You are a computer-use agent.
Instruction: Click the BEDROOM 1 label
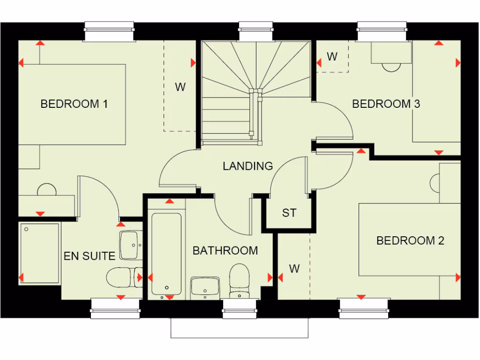[x=74, y=104]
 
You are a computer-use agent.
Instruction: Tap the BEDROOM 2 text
[x=410, y=240]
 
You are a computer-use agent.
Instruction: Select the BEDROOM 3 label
[x=386, y=104]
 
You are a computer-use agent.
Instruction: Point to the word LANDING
[x=247, y=166]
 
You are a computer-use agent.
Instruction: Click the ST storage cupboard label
[x=289, y=213]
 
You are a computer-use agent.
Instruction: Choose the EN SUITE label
[x=90, y=256]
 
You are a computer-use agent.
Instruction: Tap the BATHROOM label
[x=225, y=251]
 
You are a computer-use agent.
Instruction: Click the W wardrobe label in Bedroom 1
[x=180, y=87]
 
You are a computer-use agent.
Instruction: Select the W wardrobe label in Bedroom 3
[x=332, y=57]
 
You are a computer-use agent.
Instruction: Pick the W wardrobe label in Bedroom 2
[x=294, y=269]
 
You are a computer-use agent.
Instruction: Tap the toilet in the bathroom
[x=240, y=280]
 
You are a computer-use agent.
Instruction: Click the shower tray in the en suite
[x=40, y=253]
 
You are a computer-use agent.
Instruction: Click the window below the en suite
[x=115, y=308]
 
